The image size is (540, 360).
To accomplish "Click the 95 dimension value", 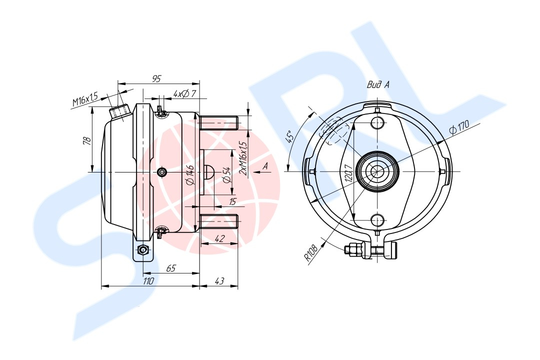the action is pyautogui.click(x=156, y=79).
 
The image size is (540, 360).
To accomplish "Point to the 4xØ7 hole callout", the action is pyautogui.click(x=184, y=93).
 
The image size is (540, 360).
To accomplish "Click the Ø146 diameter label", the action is pyautogui.click(x=190, y=174).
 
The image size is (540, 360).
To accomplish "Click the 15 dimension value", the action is pyautogui.click(x=233, y=201).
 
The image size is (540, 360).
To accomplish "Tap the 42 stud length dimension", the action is pyautogui.click(x=219, y=238).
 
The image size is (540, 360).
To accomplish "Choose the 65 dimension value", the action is pyautogui.click(x=171, y=268).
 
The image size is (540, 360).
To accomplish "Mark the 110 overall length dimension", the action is pyautogui.click(x=148, y=281).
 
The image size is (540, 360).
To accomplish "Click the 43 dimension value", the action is pyautogui.click(x=219, y=281).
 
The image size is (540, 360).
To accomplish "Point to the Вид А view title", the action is pyautogui.click(x=378, y=84).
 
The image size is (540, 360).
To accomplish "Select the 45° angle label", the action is pyautogui.click(x=290, y=136).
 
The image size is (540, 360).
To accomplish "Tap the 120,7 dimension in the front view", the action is pyautogui.click(x=348, y=173).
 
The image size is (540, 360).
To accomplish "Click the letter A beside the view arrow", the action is pyautogui.click(x=265, y=166).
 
